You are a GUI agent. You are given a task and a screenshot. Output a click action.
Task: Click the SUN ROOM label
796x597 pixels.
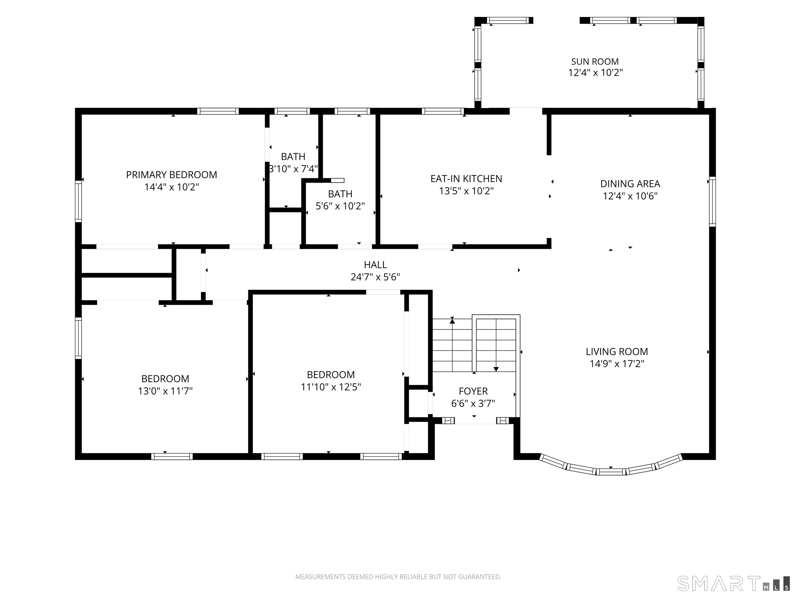[x=595, y=61]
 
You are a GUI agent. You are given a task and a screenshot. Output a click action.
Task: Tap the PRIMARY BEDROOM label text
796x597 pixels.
[x=172, y=175]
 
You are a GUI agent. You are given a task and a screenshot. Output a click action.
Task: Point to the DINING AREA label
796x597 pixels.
[x=630, y=184]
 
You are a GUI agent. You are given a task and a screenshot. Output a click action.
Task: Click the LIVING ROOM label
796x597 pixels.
[x=617, y=352]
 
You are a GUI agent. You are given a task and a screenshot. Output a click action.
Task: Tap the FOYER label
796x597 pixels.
[x=473, y=391]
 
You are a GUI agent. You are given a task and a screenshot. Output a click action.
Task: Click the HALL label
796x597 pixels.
[x=375, y=265]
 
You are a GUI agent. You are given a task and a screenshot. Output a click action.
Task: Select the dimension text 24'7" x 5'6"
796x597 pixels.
[x=375, y=277]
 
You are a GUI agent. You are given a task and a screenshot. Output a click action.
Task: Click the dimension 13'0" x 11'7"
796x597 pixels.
[x=165, y=391]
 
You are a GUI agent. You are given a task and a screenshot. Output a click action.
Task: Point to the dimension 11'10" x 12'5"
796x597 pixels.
[x=331, y=387]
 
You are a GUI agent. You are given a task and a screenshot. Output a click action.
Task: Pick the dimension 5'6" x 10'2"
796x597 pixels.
[x=340, y=206]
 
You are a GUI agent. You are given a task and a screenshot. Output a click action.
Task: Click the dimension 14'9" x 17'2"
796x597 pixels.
[x=617, y=364]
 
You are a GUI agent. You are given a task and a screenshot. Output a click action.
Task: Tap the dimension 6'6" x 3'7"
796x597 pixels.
[x=473, y=403]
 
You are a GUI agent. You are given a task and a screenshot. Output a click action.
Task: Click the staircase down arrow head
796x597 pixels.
[x=496, y=369]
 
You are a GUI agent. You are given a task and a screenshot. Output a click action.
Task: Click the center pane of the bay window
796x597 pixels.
[x=611, y=472]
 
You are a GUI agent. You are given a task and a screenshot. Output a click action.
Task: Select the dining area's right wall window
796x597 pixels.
[x=712, y=202]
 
